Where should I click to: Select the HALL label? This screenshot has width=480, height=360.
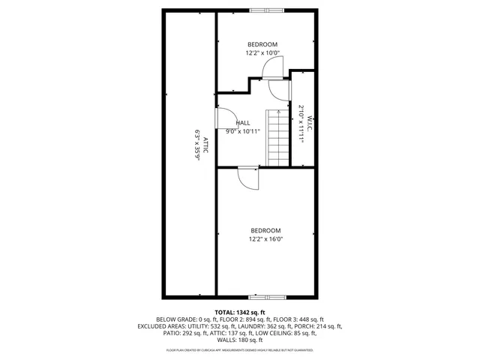pos(243,123)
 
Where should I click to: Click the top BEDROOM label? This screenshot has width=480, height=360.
pos(262,45)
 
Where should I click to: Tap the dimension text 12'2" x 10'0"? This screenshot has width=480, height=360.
pos(262,53)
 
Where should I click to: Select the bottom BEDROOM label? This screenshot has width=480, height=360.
pos(265,230)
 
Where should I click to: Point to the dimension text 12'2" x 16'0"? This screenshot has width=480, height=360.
pos(265,239)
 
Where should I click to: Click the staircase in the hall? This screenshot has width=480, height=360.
pos(277,137)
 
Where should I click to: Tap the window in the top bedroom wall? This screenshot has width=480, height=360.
pos(266,10)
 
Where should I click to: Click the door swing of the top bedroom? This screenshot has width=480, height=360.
pos(271,67)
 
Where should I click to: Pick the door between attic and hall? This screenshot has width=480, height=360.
pos(223,118)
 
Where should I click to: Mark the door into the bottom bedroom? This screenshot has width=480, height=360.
pos(247,177)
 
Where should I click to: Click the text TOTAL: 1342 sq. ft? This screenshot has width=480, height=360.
pos(240,312)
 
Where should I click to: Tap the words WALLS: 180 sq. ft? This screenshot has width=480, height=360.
pos(240,340)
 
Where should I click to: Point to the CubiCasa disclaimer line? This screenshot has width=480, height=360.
pos(240,350)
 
